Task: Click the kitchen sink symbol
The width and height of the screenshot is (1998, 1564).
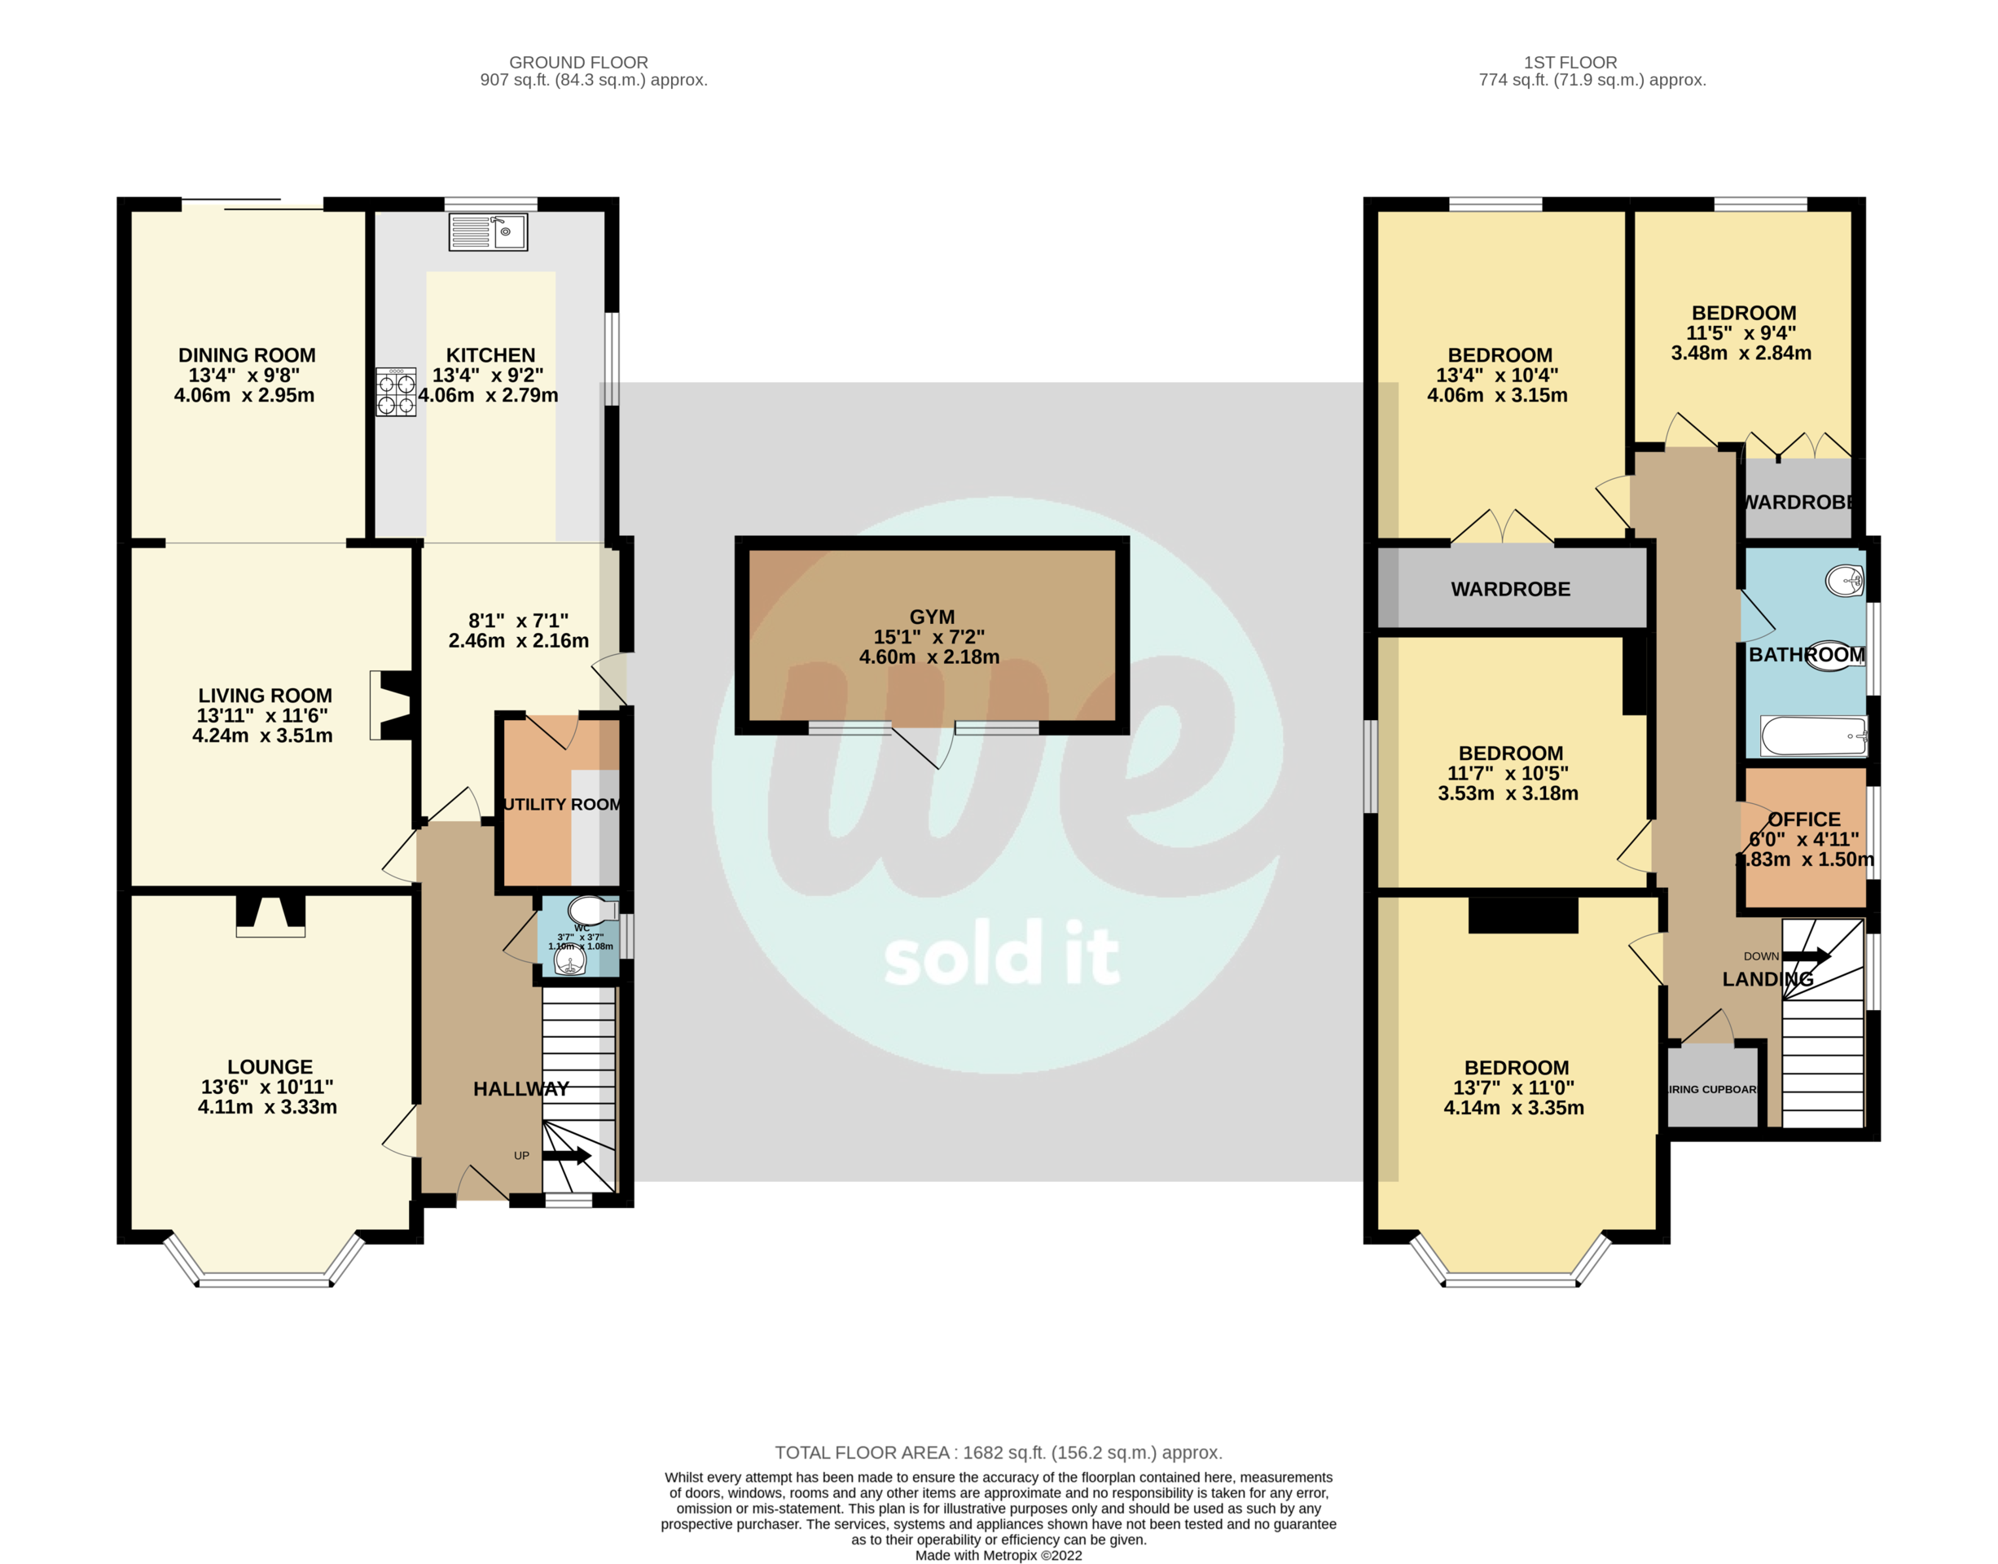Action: (487, 231)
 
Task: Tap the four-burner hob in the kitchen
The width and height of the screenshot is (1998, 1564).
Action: (396, 392)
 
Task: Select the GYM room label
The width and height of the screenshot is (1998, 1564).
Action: (932, 617)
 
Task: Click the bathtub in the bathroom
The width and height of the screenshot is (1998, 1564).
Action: (1813, 736)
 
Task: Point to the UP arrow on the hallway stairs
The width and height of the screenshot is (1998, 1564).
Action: (567, 1156)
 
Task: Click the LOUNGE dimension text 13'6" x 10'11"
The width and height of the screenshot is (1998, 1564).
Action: (267, 1087)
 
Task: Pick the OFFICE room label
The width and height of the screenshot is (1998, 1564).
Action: (1804, 819)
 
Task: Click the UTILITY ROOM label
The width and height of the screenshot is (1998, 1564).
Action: (562, 805)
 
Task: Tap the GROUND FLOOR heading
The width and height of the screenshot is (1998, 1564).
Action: (578, 62)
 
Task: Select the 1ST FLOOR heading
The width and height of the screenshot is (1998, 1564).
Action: (1570, 62)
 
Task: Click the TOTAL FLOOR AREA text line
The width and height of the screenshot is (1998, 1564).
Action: (998, 1452)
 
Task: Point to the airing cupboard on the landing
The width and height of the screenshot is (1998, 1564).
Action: (1711, 1089)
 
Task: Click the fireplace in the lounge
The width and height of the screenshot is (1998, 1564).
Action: (270, 915)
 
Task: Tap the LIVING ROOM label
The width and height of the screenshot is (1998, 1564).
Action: (265, 696)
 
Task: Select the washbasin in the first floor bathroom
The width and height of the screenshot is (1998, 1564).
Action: (1844, 580)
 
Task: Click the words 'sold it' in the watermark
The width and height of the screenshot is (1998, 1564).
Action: (1001, 955)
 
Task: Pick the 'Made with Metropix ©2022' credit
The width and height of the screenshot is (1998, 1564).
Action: (998, 1555)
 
